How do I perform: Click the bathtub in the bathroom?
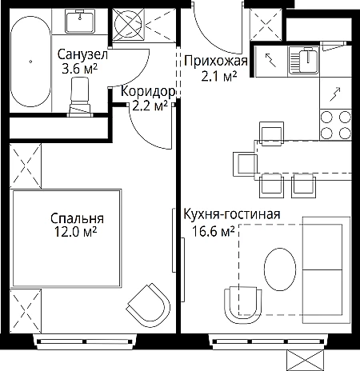click(30, 62)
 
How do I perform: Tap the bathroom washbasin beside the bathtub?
click(80, 21)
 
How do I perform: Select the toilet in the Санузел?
click(80, 97)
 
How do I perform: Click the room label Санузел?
click(82, 55)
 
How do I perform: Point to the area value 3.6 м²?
click(79, 69)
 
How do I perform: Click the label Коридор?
click(148, 91)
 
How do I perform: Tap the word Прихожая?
click(216, 61)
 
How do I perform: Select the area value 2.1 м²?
click(219, 77)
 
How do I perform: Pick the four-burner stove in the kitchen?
click(335, 125)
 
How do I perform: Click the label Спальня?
click(77, 218)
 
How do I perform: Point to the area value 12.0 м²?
click(75, 231)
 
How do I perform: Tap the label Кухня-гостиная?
click(232, 214)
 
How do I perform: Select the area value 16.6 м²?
click(214, 231)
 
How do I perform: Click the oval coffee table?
click(280, 269)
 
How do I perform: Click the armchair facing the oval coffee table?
click(243, 305)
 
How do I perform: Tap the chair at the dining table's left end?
click(244, 164)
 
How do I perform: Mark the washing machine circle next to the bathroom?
click(128, 24)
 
